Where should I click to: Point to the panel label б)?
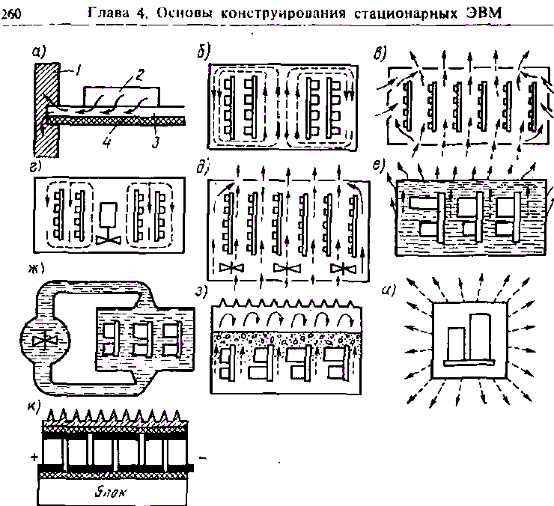tap(203, 50)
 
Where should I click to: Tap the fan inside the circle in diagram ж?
tap(41, 339)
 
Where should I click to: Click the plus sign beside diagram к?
tap(33, 455)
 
